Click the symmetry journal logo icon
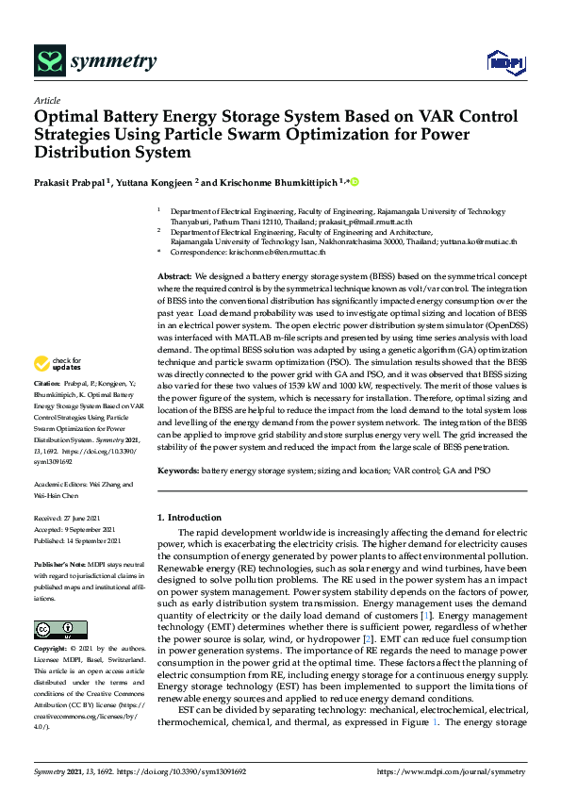[48, 62]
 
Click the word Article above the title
[46, 100]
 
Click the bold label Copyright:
[52, 650]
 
